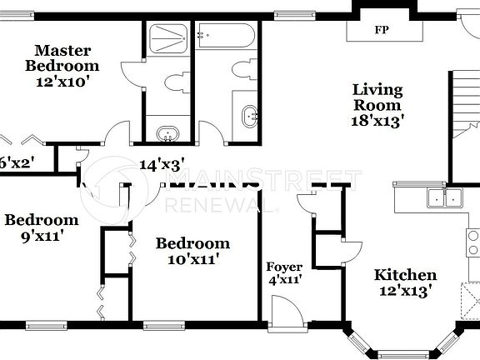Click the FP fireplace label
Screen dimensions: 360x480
tap(382, 30)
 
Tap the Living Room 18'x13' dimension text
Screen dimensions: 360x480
tap(377, 119)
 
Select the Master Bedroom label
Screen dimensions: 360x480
tap(62, 57)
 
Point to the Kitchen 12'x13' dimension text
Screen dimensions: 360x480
tap(405, 291)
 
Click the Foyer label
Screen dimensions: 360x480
tap(284, 267)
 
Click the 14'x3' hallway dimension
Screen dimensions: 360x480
tap(162, 165)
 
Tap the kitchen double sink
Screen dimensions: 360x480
tap(443, 197)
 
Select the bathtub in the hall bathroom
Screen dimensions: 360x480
tap(226, 37)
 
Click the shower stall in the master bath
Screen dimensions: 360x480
tap(167, 40)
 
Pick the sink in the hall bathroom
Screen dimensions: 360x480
tap(248, 116)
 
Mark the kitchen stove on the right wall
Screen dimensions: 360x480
tap(472, 242)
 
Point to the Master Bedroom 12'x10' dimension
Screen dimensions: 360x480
tap(62, 82)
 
